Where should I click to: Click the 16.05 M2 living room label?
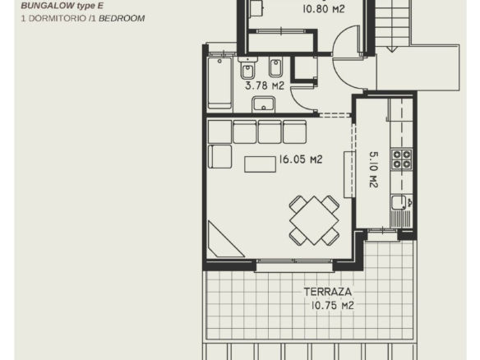click(301, 159)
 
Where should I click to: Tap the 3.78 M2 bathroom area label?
click(265, 85)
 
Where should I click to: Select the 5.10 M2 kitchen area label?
click(374, 169)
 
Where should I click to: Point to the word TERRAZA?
click(328, 292)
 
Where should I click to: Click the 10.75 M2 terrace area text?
click(332, 305)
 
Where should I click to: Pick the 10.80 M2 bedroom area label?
click(324, 9)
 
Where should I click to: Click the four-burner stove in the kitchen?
click(402, 159)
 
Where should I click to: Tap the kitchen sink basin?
click(399, 203)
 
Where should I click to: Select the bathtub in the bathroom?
click(219, 83)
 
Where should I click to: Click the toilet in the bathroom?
click(247, 68)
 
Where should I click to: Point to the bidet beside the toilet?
click(275, 67)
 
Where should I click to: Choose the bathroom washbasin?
click(263, 104)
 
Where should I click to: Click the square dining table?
click(314, 220)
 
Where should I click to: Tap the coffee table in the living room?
click(260, 164)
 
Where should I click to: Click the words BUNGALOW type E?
click(62, 6)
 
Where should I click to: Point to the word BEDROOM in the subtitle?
click(122, 18)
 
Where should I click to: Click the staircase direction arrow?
click(391, 49)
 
